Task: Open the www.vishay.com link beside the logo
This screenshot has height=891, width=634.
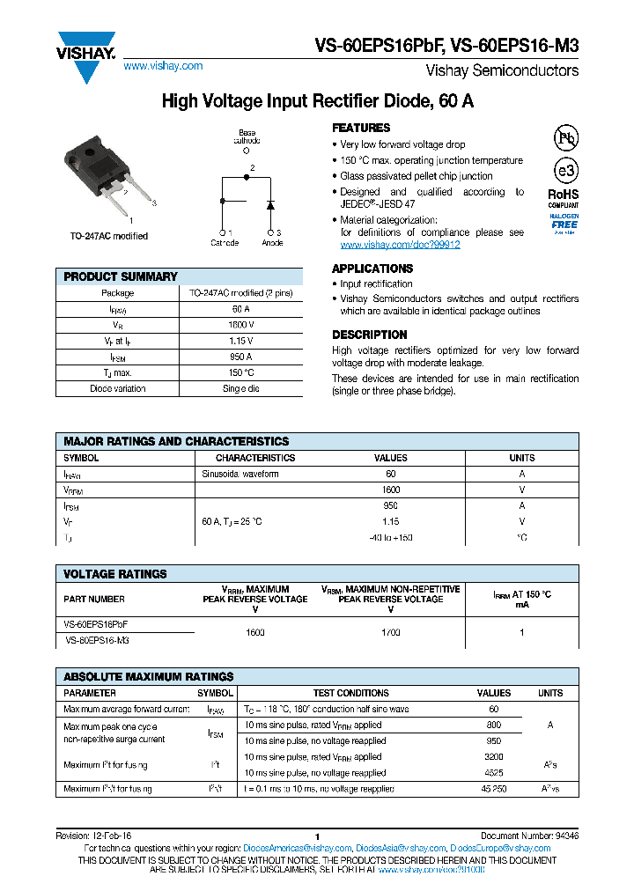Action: pyautogui.click(x=163, y=66)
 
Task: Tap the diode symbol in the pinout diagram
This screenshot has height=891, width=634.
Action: pyautogui.click(x=271, y=205)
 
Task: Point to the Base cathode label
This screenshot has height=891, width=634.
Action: pyautogui.click(x=247, y=136)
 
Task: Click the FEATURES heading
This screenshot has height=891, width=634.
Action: pyautogui.click(x=361, y=128)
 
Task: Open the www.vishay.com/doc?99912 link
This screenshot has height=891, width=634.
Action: pyautogui.click(x=400, y=245)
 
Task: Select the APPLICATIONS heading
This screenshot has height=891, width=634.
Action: pyautogui.click(x=372, y=269)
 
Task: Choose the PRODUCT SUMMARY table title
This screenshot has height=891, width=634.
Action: pyautogui.click(x=121, y=276)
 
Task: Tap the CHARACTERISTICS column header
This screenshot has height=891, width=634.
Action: pyautogui.click(x=255, y=458)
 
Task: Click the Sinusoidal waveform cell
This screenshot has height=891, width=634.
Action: pyautogui.click(x=240, y=474)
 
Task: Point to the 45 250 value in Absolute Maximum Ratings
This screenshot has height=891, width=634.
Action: pyautogui.click(x=493, y=789)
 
